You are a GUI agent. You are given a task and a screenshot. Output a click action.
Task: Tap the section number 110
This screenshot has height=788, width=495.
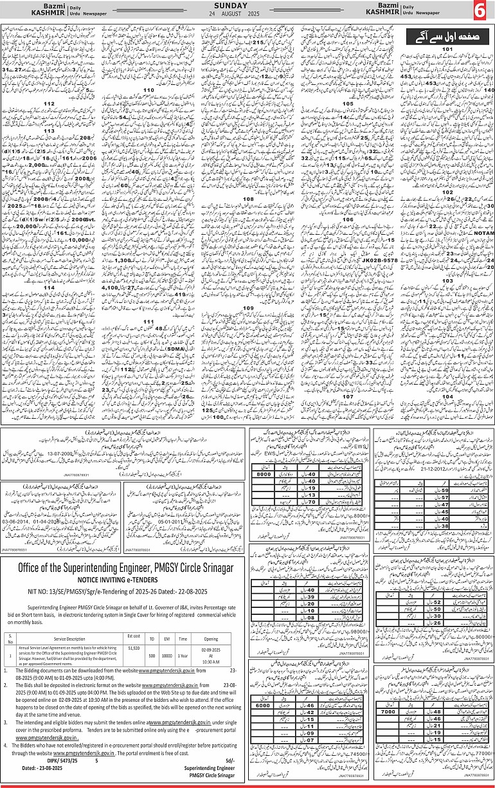point(148,89)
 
